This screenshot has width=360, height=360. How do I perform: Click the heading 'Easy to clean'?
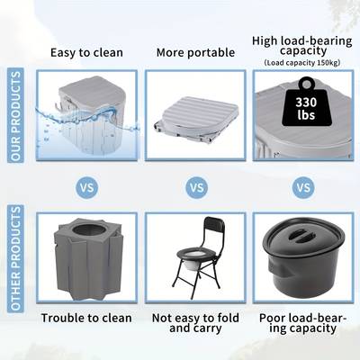[86, 53]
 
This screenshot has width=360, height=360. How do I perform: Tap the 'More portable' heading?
[195, 53]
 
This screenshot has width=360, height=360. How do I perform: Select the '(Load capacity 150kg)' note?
[302, 63]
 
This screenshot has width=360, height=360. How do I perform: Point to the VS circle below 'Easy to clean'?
[87, 188]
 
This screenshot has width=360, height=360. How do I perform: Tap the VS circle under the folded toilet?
[197, 188]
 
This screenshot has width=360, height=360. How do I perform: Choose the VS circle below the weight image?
[303, 188]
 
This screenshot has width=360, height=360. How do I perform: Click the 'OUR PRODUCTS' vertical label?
[15, 115]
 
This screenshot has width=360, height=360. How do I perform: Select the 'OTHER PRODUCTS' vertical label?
[15, 258]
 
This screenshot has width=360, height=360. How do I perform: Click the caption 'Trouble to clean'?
[86, 319]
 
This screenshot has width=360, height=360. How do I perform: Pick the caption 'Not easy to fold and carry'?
[195, 323]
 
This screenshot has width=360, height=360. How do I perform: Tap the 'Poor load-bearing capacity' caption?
[303, 323]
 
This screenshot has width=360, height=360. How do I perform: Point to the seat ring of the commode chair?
[192, 255]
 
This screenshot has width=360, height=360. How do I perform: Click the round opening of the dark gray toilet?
[89, 230]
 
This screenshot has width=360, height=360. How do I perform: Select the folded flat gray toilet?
[197, 117]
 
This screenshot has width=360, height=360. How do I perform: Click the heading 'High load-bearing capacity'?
[302, 46]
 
